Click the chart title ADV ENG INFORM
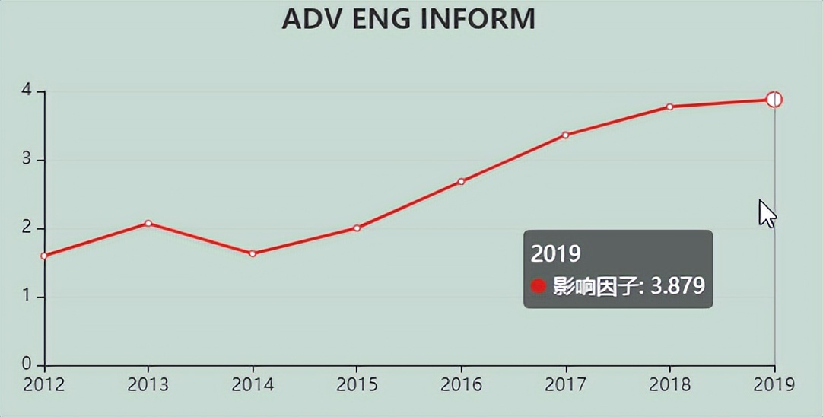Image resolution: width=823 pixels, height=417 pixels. [x=408, y=19]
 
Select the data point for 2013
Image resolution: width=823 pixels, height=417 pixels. [x=148, y=223]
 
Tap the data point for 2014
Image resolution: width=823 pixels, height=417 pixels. [x=253, y=253]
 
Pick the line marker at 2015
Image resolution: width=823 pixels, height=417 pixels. [x=357, y=228]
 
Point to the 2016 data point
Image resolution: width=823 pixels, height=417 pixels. [x=461, y=181]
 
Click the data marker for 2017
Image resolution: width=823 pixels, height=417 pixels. [x=565, y=135]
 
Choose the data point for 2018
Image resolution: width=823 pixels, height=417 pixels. [x=669, y=107]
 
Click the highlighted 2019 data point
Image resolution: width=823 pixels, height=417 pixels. [x=774, y=100]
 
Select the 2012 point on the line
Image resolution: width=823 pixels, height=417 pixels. [x=44, y=256]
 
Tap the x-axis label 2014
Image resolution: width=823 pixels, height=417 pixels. [x=253, y=384]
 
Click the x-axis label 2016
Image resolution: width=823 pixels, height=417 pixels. [x=461, y=384]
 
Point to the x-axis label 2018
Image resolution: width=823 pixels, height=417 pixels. [x=669, y=384]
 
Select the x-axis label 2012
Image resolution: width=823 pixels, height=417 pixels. [x=44, y=384]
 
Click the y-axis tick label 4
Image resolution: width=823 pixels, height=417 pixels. [x=27, y=91]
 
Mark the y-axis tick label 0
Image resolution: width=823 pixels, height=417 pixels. [x=27, y=364]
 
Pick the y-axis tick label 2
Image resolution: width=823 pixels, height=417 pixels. [x=27, y=228]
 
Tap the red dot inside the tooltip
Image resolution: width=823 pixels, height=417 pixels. [x=539, y=286]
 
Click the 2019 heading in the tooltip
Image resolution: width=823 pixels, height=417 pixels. [x=556, y=253]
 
